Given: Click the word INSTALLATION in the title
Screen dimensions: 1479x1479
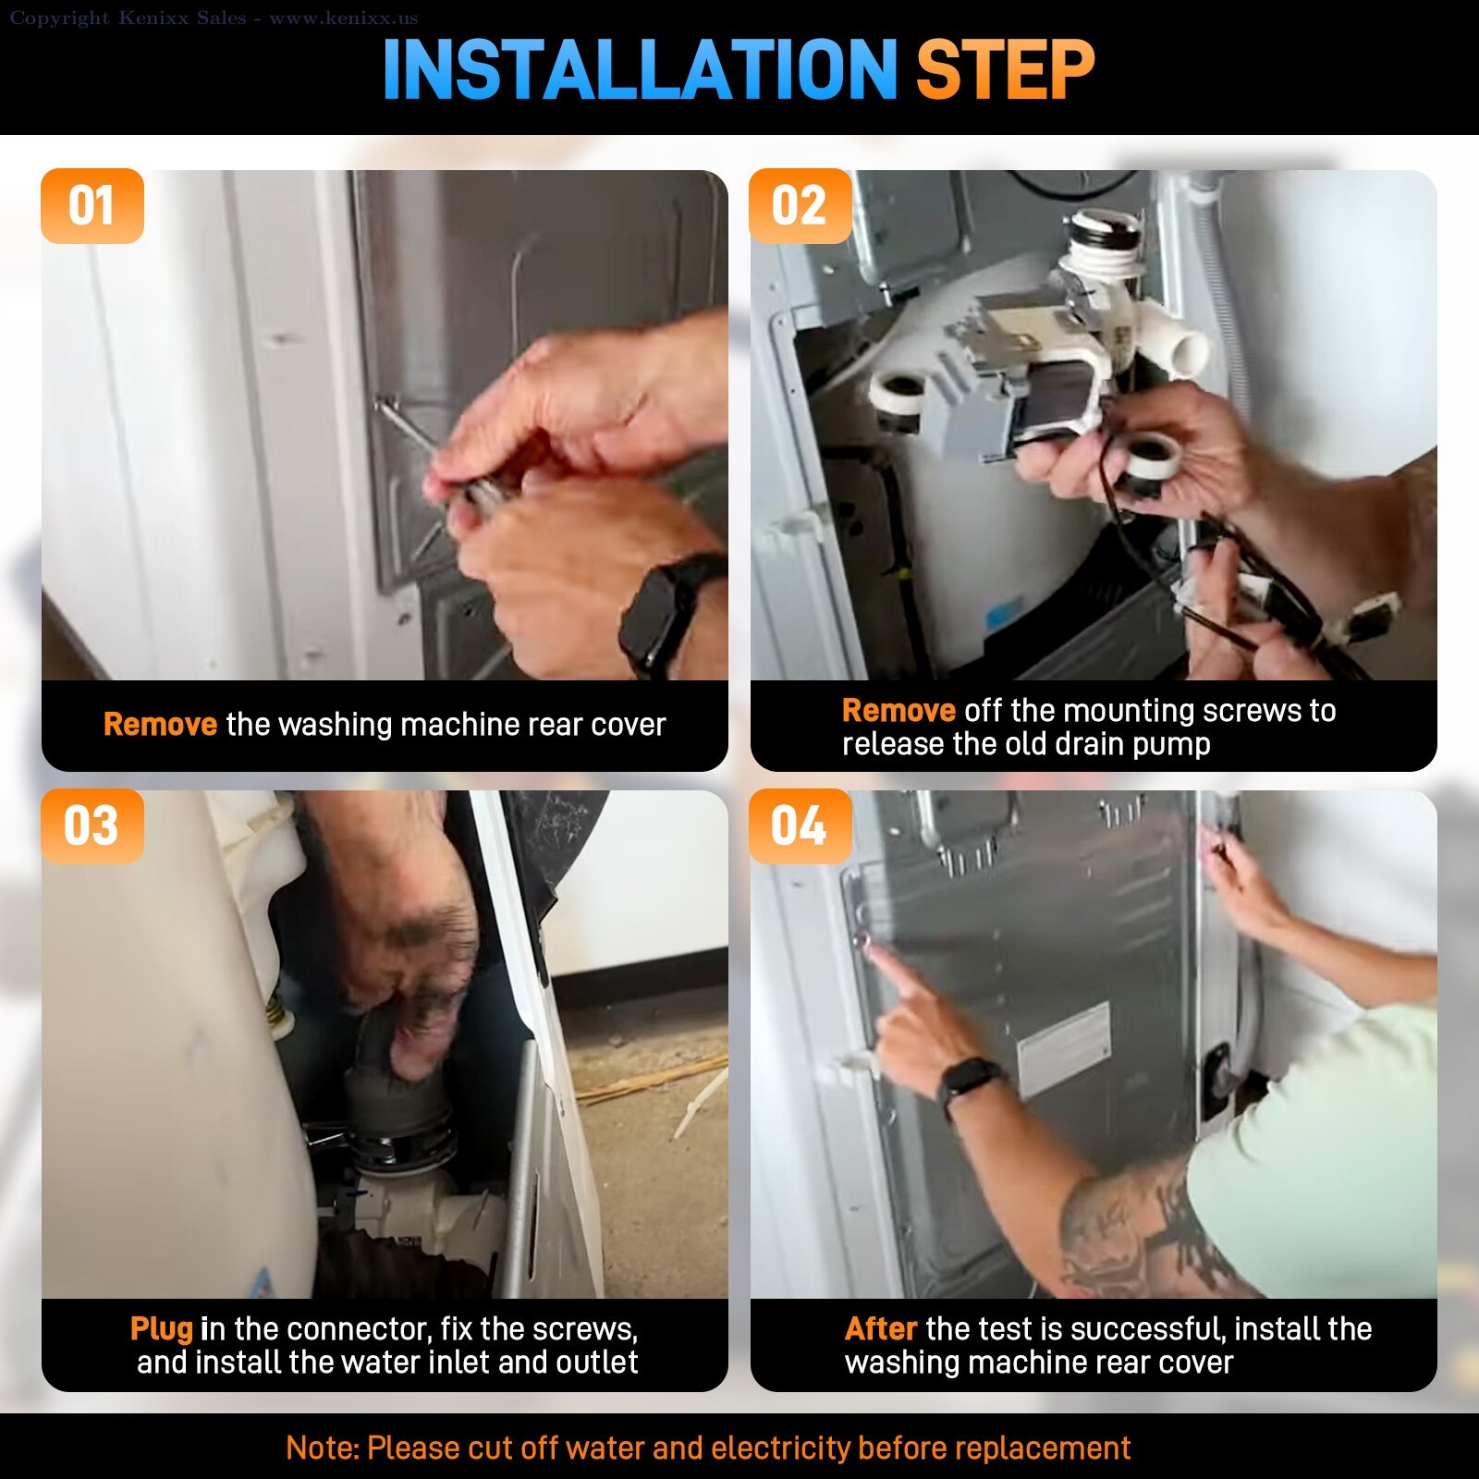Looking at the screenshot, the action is [x=640, y=69].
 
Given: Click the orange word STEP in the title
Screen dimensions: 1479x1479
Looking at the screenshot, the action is [x=1005, y=69].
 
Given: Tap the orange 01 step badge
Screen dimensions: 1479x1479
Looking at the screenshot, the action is [x=92, y=206].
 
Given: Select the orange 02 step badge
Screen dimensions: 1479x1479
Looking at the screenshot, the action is [x=801, y=206].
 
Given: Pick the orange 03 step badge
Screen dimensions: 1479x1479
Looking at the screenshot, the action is [x=92, y=826].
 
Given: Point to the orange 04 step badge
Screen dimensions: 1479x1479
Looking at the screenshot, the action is [x=801, y=826].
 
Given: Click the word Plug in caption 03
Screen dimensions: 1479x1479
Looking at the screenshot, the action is [x=162, y=1329].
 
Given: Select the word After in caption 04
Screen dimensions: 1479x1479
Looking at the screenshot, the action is [x=880, y=1329].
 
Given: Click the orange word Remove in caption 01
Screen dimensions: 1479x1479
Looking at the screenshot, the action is [x=160, y=725].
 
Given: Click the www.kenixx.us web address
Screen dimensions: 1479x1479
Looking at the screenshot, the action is [x=343, y=18].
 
